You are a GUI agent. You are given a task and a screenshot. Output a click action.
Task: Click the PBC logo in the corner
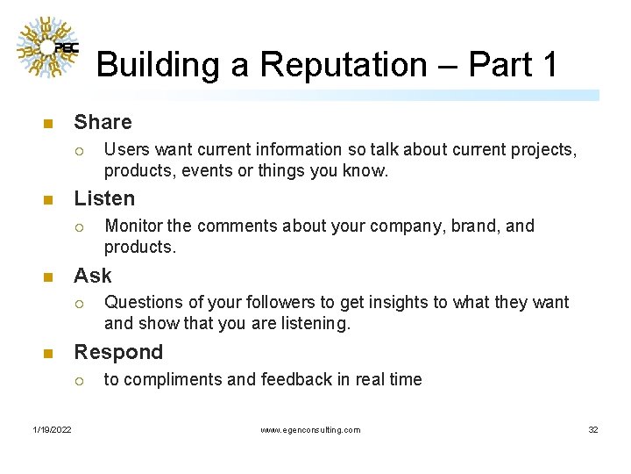pyautogui.click(x=49, y=48)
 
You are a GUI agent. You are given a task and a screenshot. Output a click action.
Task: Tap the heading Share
pyautogui.click(x=103, y=122)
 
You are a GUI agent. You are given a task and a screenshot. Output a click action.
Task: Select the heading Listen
pyautogui.click(x=104, y=198)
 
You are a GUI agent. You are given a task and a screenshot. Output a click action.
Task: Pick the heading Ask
pyautogui.click(x=93, y=276)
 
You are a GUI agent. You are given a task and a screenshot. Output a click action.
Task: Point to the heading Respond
pyautogui.click(x=118, y=352)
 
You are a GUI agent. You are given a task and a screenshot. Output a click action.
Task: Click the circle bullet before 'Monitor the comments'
pyautogui.click(x=79, y=226)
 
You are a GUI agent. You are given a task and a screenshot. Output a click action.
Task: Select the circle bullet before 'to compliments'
pyautogui.click(x=79, y=380)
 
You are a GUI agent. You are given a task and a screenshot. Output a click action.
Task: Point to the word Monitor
pyautogui.click(x=132, y=226)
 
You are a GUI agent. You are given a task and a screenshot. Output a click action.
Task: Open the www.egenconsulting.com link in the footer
pyautogui.click(x=310, y=429)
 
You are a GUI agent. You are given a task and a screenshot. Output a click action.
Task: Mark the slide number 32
pyautogui.click(x=593, y=429)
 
